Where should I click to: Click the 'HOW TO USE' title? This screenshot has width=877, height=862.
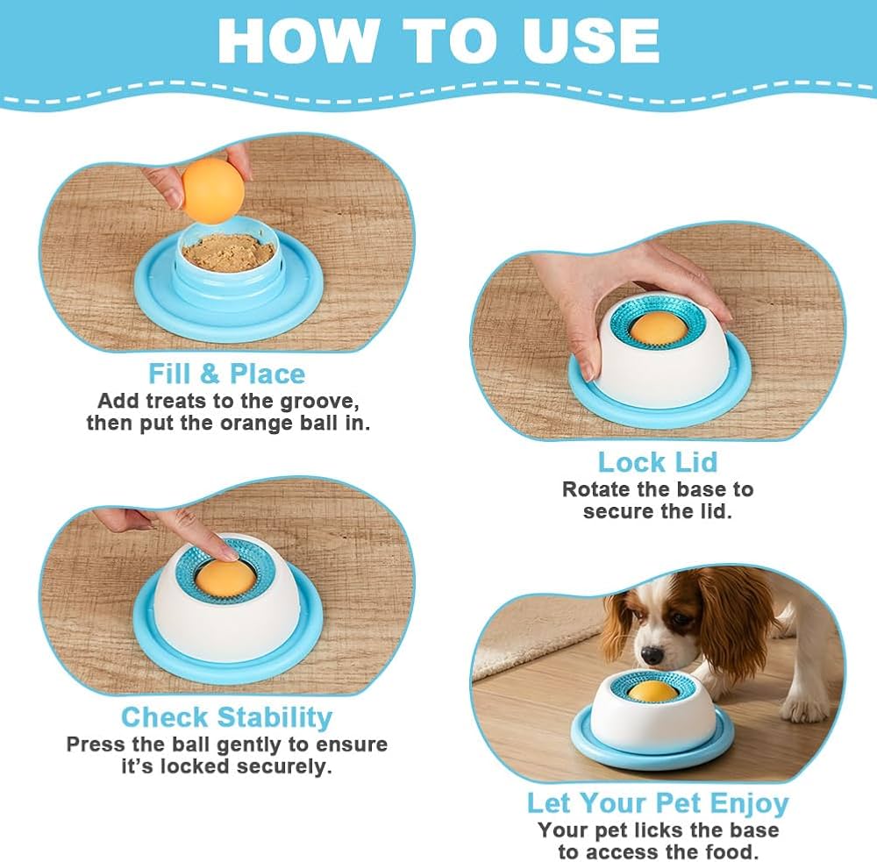click(438, 41)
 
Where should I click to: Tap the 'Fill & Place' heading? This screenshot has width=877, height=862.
click(226, 374)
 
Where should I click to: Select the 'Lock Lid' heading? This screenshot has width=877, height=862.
click(657, 462)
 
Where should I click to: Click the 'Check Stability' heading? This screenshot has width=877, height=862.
click(226, 717)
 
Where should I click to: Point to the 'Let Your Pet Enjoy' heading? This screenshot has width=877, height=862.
click(658, 803)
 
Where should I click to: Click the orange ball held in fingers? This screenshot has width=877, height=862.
click(213, 191)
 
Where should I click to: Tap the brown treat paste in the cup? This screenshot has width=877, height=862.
click(228, 253)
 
